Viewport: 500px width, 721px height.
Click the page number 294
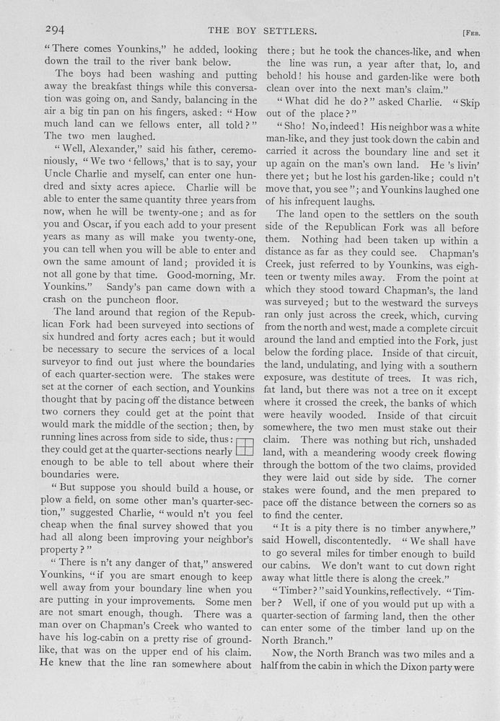(x=56, y=30)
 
